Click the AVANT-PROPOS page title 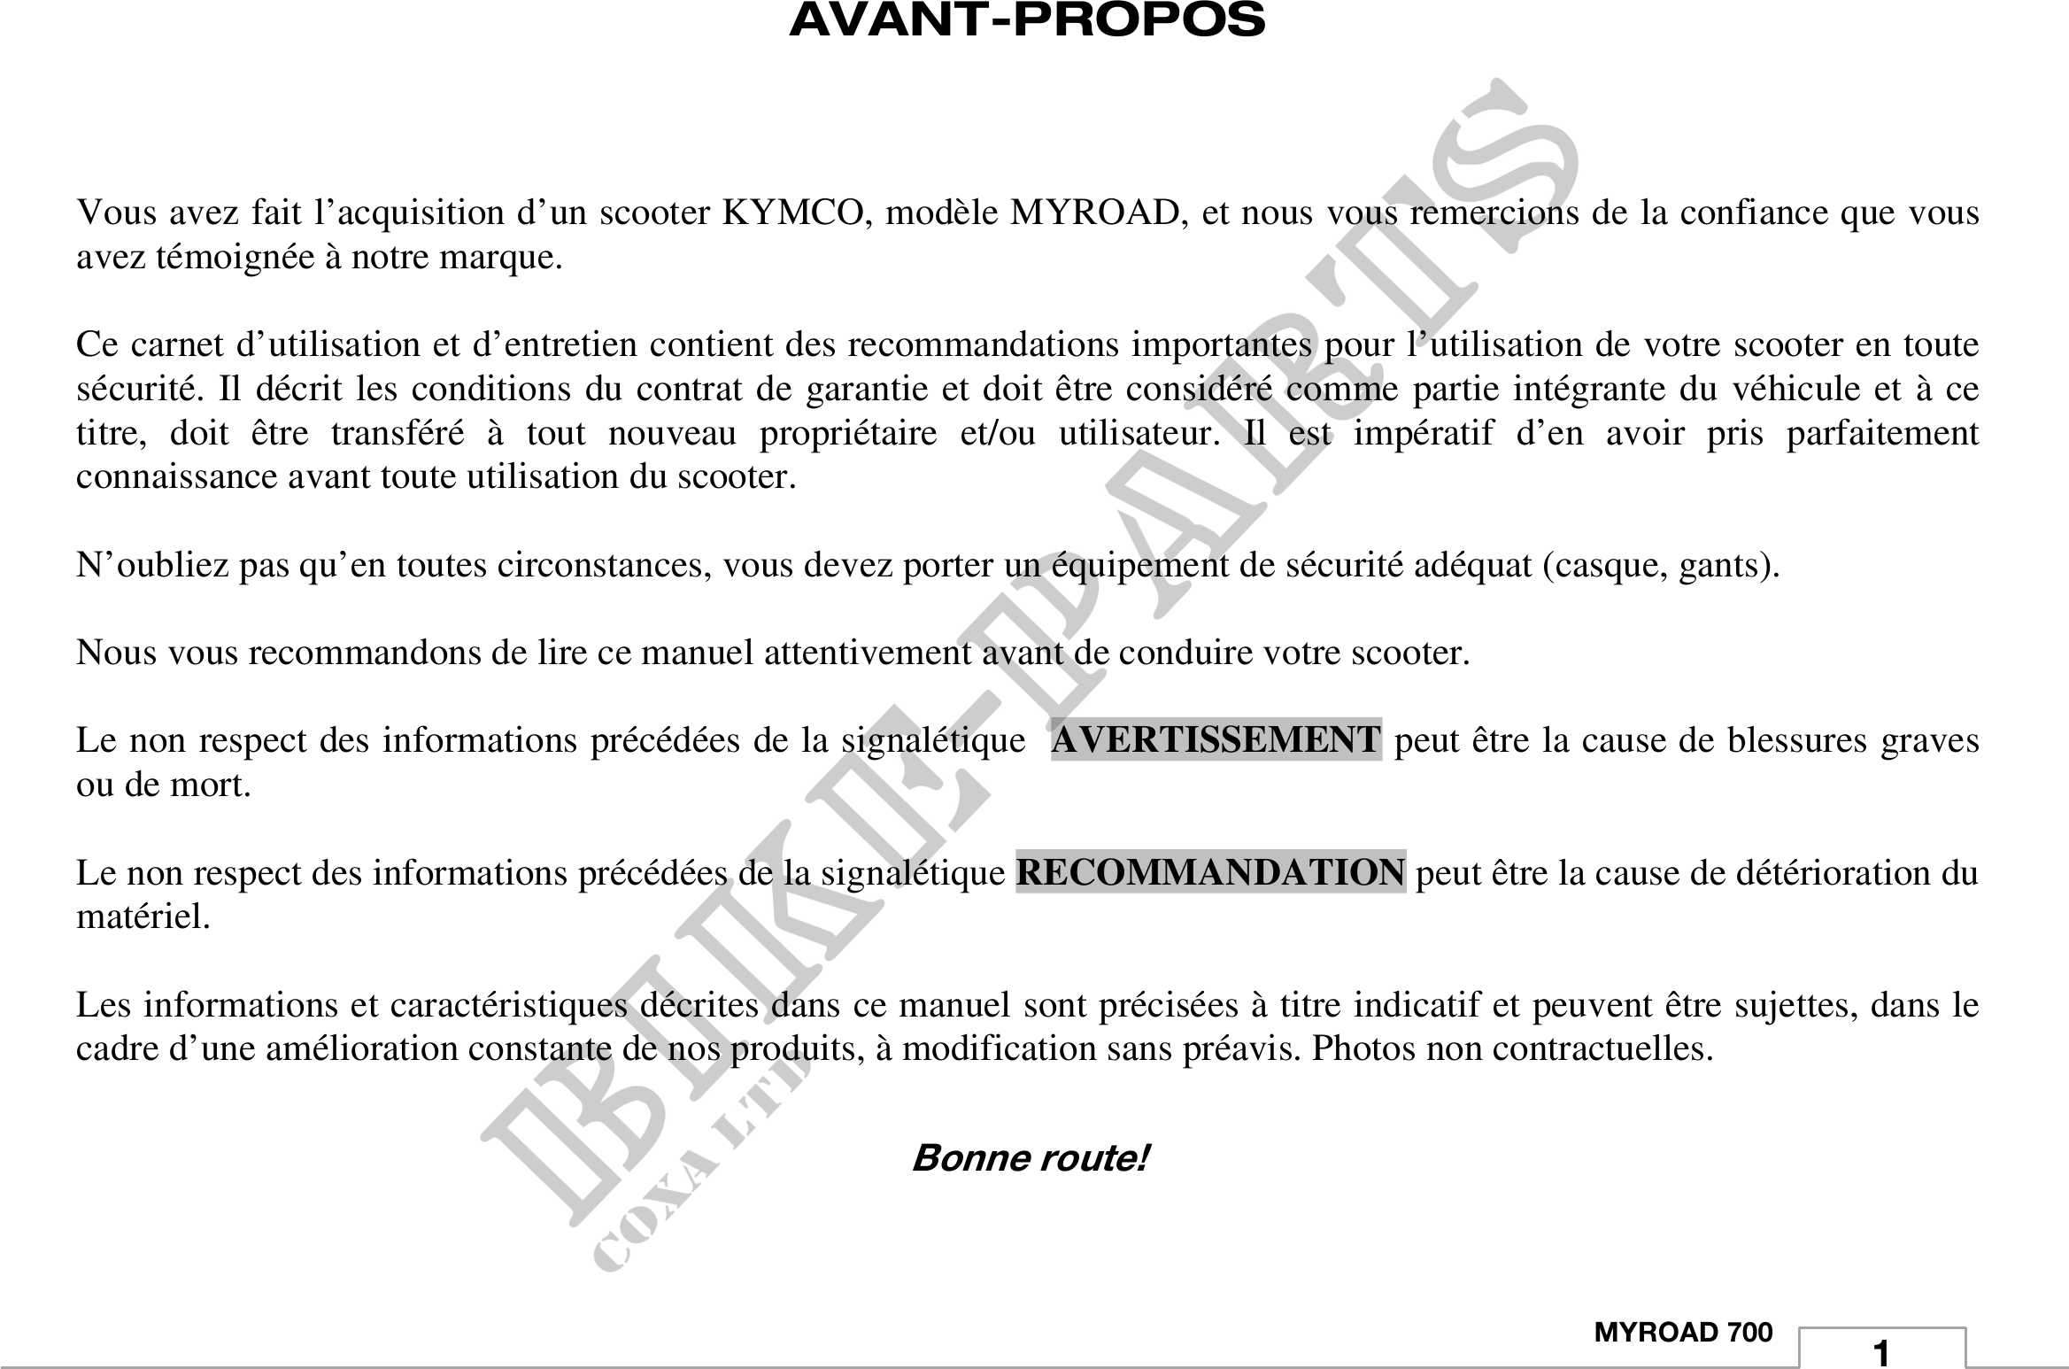tap(1027, 19)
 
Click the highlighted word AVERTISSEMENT tap(1216, 740)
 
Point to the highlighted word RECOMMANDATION tap(1210, 873)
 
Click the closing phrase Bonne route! tap(1030, 1158)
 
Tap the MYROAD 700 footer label tap(1683, 1333)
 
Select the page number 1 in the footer tap(1881, 1354)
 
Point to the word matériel tap(143, 917)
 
